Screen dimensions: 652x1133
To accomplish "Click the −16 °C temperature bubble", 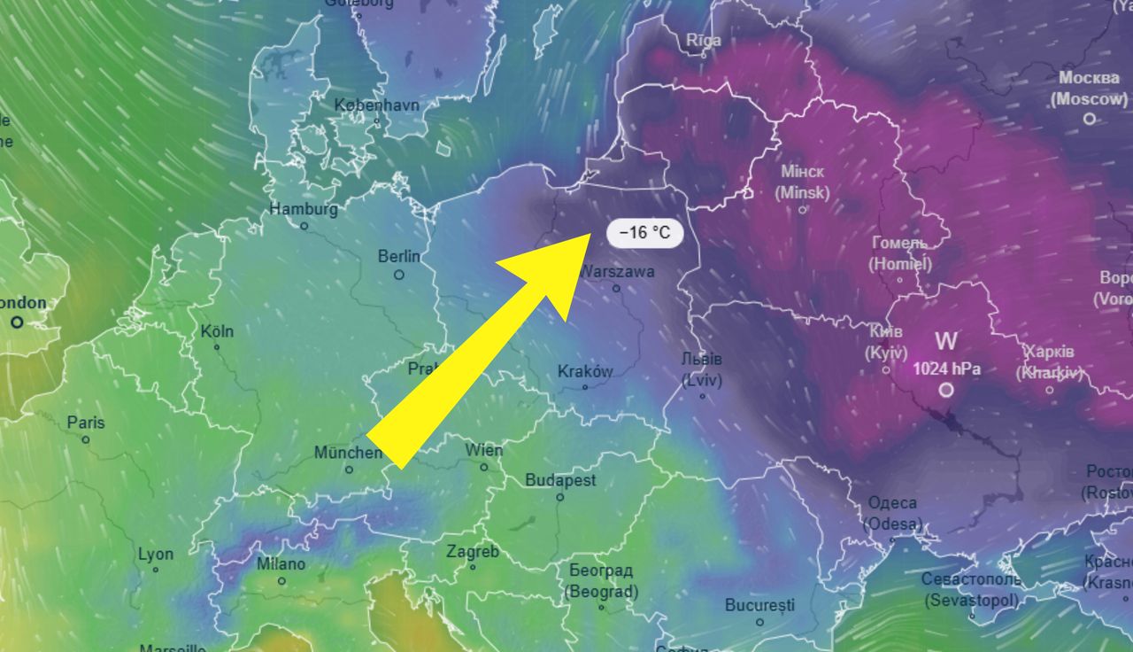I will [645, 233].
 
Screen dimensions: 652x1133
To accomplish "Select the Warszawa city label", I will [617, 271].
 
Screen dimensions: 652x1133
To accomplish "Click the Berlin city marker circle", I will [399, 275].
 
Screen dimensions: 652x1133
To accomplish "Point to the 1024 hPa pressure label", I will [946, 368].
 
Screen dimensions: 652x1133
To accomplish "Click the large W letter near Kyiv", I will [946, 340].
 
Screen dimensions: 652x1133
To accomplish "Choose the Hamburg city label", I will [304, 210].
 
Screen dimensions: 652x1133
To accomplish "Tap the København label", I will [376, 105].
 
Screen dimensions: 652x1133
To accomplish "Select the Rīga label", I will [704, 40].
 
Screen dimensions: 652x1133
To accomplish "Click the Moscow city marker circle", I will [1090, 118].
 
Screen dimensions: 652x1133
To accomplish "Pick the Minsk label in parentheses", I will [803, 192].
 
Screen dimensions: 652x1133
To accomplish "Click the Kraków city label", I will [585, 371].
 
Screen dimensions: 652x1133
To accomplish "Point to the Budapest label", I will [560, 480].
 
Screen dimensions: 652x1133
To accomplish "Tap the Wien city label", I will [483, 450].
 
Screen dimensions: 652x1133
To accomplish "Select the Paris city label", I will [86, 423].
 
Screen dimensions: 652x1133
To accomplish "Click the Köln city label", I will [217, 331].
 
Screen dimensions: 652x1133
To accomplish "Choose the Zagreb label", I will [473, 552].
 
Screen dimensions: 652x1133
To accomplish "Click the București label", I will [759, 606].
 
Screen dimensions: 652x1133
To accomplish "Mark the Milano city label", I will [281, 564].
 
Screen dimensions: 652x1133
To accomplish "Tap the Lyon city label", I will [156, 555].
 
